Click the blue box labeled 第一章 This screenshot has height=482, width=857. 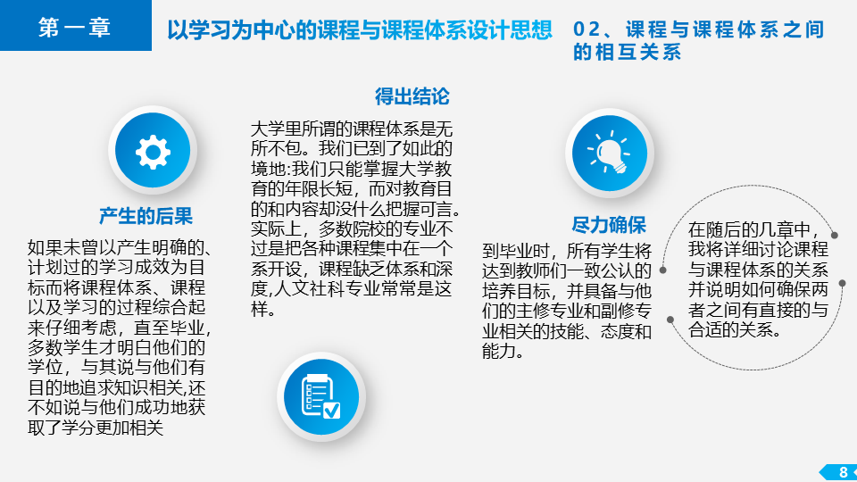[x=75, y=25]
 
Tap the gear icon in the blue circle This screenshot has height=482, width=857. [x=153, y=152]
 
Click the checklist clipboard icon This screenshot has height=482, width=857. [x=320, y=396]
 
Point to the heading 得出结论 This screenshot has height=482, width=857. [x=412, y=96]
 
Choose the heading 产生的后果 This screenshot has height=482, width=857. [x=146, y=216]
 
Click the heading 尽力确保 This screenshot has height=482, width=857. [x=609, y=225]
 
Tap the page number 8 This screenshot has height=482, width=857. [x=844, y=472]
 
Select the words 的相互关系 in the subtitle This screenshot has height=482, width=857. [x=627, y=52]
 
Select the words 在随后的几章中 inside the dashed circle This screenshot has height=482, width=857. [x=749, y=229]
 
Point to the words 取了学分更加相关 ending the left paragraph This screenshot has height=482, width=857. [x=96, y=428]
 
